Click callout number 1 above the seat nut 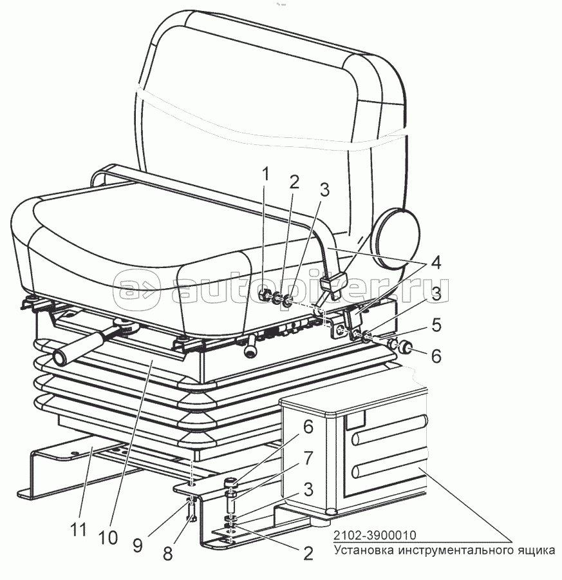265,180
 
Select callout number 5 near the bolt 436,325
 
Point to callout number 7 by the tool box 308,459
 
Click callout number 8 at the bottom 168,554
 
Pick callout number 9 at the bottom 138,546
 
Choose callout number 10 108,537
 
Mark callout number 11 79,529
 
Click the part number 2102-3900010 375,535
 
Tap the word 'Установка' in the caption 364,550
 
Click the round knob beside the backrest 397,237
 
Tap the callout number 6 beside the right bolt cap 436,356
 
